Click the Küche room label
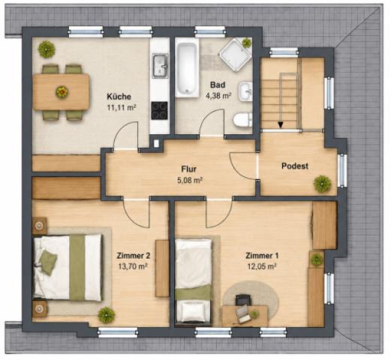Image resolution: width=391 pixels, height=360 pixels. coord(119,97)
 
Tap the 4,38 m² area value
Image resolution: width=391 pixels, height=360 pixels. coord(218,96)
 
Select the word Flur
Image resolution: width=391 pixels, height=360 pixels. coord(189,169)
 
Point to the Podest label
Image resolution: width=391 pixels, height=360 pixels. coord(295,166)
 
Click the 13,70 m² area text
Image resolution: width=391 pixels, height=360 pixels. coord(132,266)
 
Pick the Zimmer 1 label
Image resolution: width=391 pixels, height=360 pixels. coord(262,256)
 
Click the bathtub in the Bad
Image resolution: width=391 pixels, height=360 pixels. coord(187,70)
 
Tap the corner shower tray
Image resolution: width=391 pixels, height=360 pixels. coord(235,55)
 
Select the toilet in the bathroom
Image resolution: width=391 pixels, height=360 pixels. coord(242,120)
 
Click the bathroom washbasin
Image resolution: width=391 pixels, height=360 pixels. coord(245,91)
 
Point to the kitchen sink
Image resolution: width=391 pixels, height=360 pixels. coord(161,66)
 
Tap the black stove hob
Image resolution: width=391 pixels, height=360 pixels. coord(159,110)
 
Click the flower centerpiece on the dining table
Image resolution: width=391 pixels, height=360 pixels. coord(62,92)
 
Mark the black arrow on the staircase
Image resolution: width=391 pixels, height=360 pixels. coord(281,124)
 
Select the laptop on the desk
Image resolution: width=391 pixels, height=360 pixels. coord(242,314)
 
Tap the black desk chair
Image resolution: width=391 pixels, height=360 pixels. coord(243,300)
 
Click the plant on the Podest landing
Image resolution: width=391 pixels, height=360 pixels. coord(323,184)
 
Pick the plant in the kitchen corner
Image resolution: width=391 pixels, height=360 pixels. coord(47,49)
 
